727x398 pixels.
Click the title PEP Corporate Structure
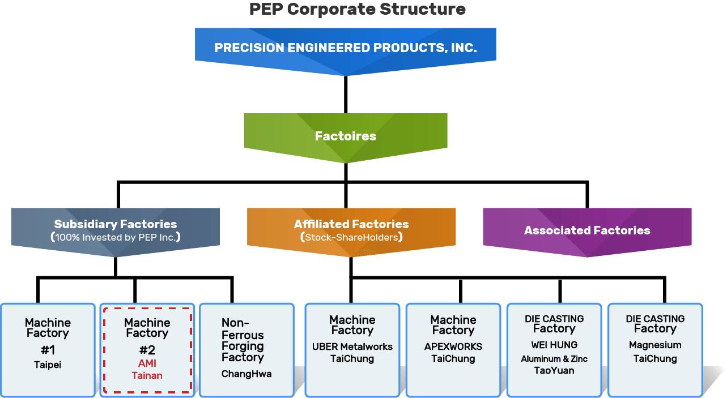pyautogui.click(x=358, y=10)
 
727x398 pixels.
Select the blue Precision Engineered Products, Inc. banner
pyautogui.click(x=345, y=48)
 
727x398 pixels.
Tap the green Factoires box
pyautogui.click(x=345, y=136)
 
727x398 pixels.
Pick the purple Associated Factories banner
pyautogui.click(x=587, y=230)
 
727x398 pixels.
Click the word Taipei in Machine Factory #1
pyautogui.click(x=48, y=365)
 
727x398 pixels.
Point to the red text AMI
pyautogui.click(x=147, y=363)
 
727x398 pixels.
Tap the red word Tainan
pyautogui.click(x=147, y=375)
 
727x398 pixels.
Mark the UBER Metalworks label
pyautogui.click(x=352, y=346)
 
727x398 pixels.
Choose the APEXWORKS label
pyautogui.click(x=453, y=346)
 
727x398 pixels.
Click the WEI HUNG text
pyautogui.click(x=554, y=345)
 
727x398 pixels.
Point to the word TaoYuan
pyautogui.click(x=554, y=370)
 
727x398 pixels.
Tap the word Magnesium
pyautogui.click(x=655, y=345)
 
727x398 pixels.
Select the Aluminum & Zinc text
pyautogui.click(x=554, y=358)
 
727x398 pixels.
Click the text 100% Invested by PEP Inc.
pyautogui.click(x=116, y=237)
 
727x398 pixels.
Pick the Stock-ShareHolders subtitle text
pyautogui.click(x=351, y=237)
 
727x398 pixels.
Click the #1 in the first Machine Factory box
pyautogui.click(x=48, y=350)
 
